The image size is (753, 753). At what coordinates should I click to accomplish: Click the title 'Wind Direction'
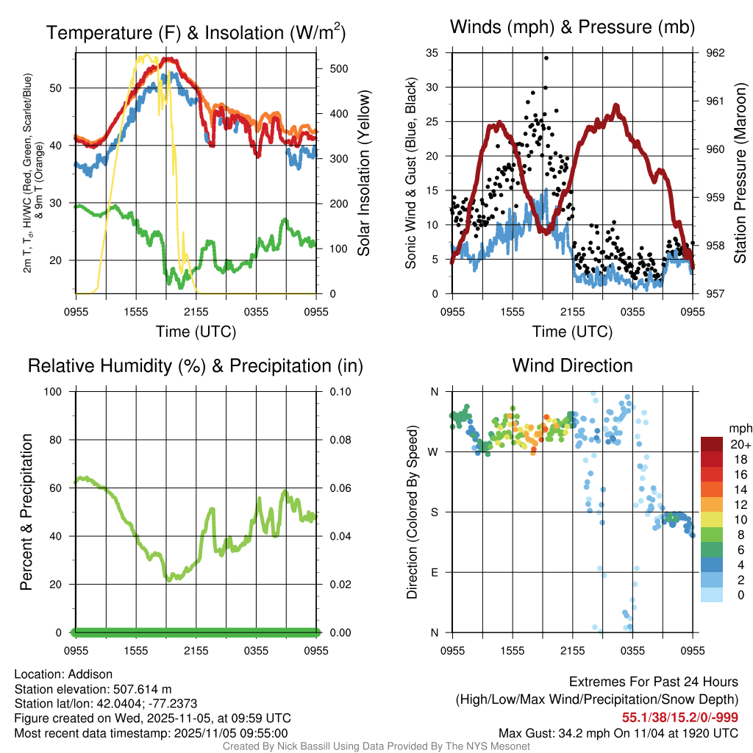(572, 365)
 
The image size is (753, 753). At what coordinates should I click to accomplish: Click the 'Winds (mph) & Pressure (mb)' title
(572, 28)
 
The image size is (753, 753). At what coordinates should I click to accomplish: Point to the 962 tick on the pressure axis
(715, 53)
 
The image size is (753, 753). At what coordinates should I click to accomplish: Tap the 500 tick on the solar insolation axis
(338, 68)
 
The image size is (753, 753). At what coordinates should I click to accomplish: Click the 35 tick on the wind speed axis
(432, 53)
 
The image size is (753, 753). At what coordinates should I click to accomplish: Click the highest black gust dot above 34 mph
(546, 58)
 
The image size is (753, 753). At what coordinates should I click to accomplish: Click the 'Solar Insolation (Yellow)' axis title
(363, 174)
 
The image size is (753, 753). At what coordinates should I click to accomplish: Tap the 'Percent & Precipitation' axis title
(26, 512)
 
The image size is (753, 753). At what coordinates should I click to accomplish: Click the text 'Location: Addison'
(63, 674)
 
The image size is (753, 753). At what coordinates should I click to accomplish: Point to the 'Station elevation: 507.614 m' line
(93, 689)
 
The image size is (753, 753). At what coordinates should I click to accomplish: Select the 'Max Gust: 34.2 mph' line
(618, 732)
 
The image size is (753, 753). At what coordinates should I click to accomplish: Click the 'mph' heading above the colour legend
(738, 428)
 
